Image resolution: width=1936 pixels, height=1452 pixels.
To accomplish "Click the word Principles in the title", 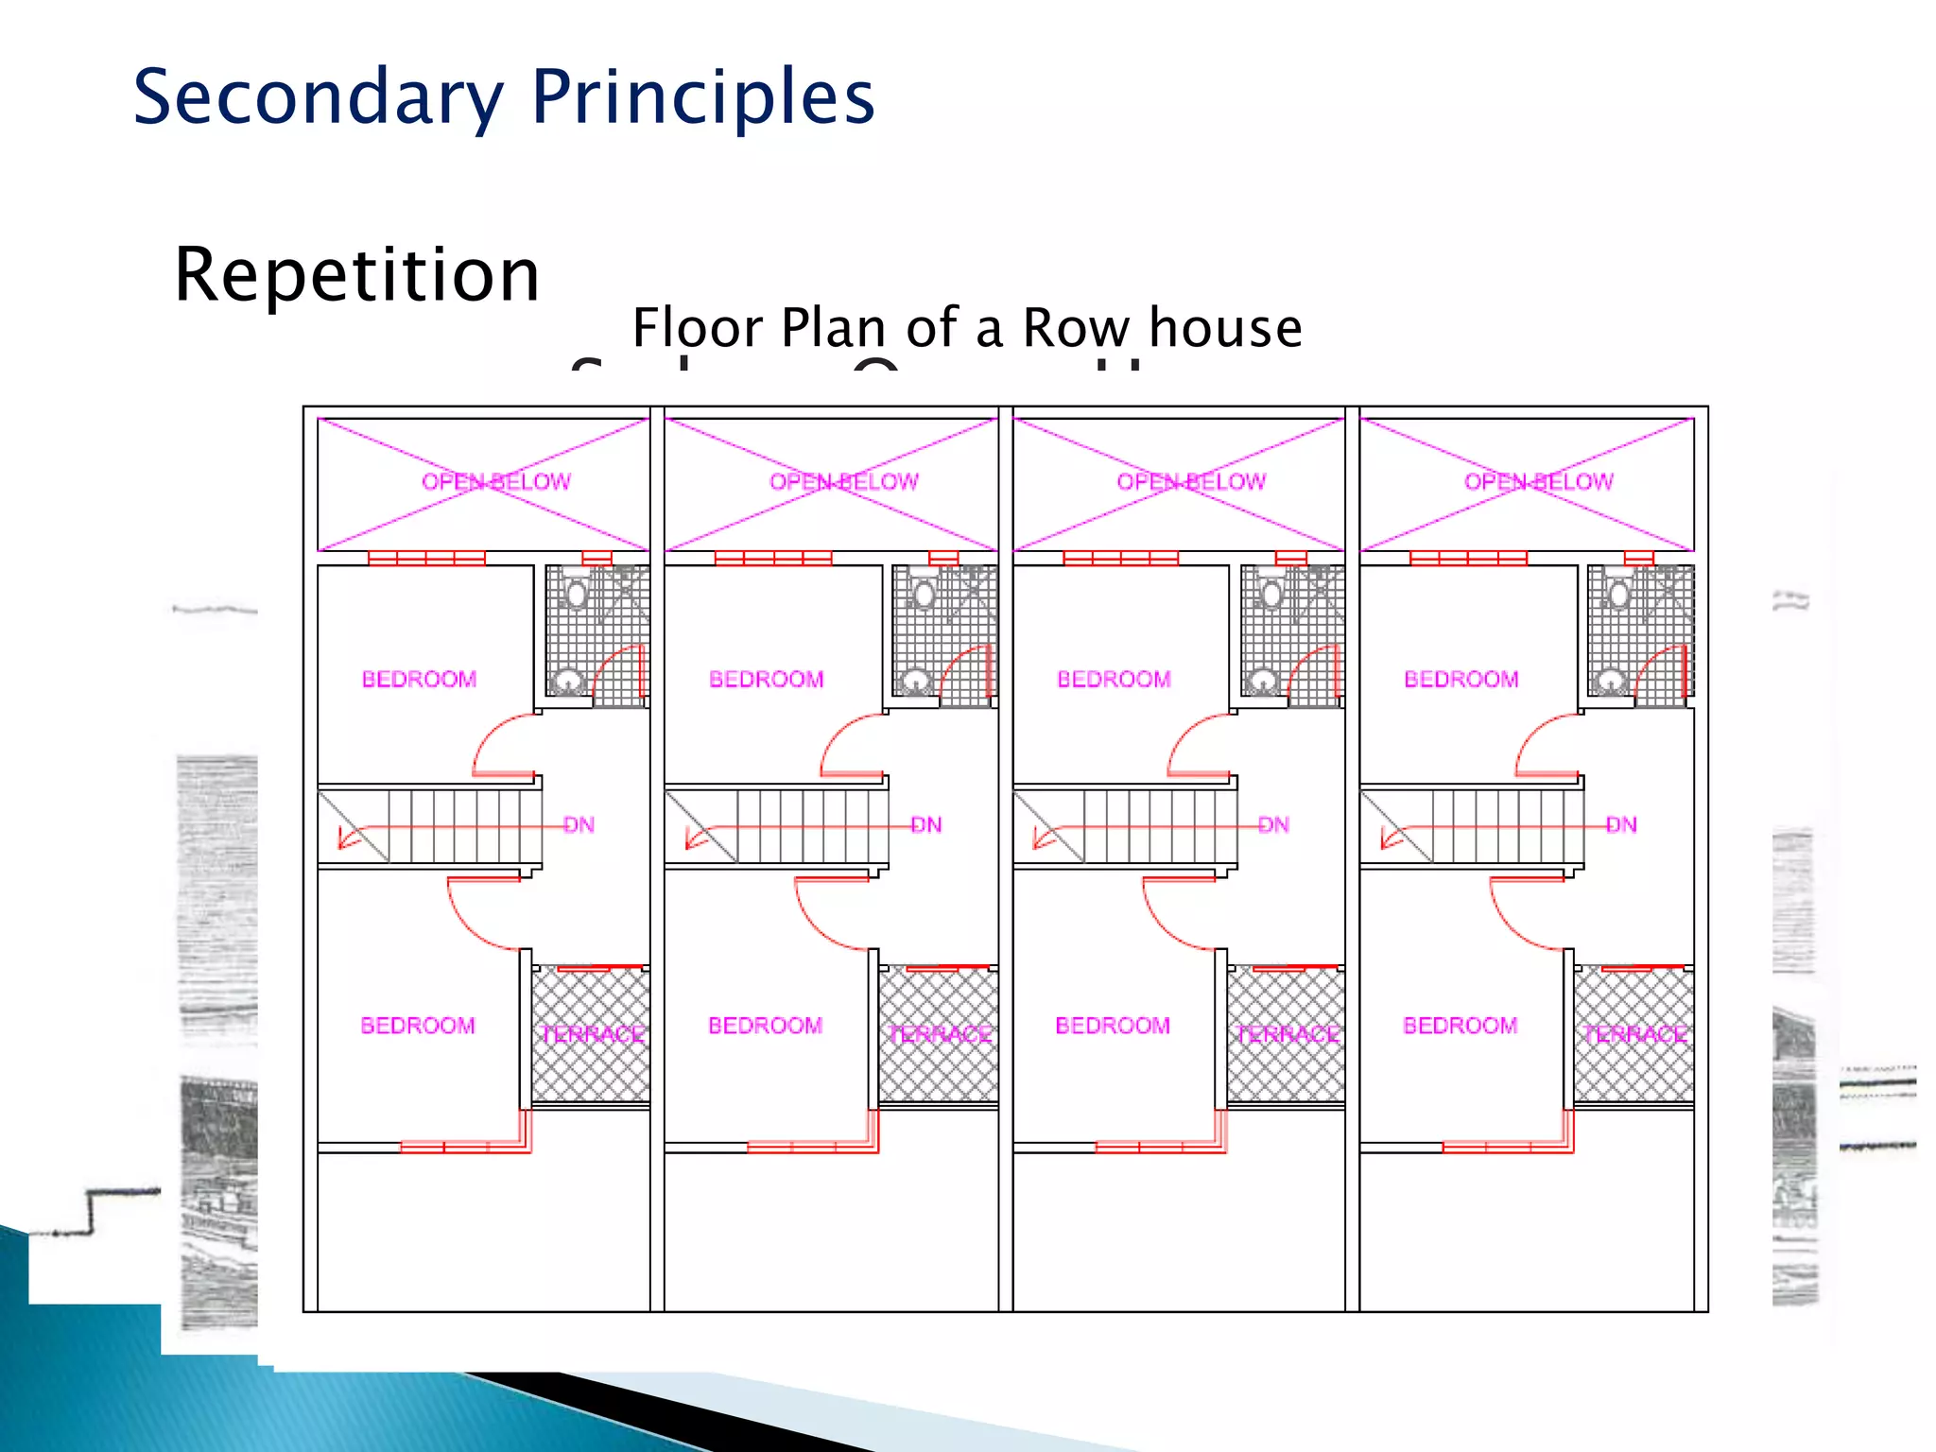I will tap(702, 97).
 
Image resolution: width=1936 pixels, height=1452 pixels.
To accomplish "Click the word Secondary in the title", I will tap(319, 97).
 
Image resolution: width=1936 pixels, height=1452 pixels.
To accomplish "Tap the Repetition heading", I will tap(357, 274).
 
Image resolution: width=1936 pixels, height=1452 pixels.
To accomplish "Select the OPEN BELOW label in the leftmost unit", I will tap(496, 482).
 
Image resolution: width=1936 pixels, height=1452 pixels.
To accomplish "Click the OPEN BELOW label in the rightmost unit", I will tap(1539, 482).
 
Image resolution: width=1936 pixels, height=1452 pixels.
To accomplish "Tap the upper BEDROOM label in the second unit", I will tap(767, 679).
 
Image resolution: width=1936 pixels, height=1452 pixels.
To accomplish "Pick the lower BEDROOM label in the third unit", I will tap(1113, 1026).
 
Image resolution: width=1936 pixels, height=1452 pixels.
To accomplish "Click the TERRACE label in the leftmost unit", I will tap(592, 1034).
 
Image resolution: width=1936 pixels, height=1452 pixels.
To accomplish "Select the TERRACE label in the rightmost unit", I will tap(1635, 1034).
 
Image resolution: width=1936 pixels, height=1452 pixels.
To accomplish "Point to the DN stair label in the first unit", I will tap(579, 825).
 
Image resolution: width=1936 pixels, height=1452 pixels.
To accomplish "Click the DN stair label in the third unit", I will tap(1273, 825).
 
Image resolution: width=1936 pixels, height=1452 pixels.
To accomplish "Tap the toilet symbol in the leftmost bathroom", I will tap(576, 594).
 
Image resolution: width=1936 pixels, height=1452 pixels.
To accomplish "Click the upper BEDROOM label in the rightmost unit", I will tap(1461, 679).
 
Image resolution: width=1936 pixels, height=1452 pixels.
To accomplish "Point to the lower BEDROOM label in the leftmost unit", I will tap(418, 1026).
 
